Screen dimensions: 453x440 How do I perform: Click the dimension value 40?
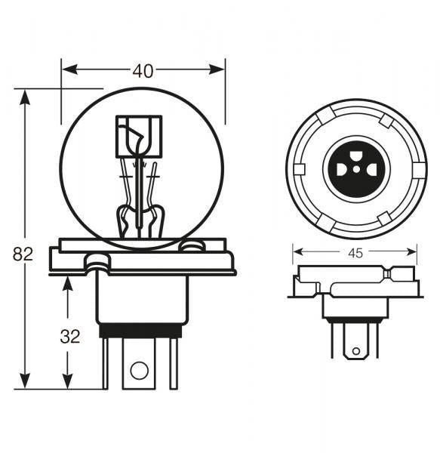point(143,71)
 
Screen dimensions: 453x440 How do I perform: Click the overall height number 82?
point(23,254)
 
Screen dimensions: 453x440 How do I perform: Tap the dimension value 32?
point(69,337)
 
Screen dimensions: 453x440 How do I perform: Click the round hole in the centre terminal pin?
point(139,370)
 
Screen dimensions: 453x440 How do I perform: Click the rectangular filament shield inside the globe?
point(138,136)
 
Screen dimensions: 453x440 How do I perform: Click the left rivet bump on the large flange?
point(97,261)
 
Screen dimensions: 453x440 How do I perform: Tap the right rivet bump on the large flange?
point(192,245)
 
